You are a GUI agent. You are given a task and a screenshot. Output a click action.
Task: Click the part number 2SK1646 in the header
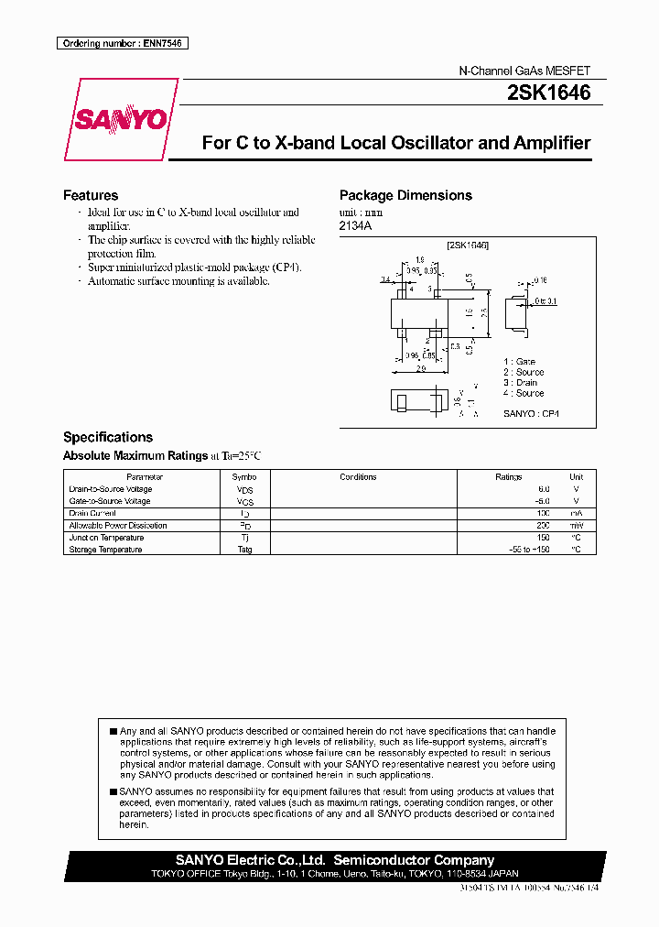coord(547,93)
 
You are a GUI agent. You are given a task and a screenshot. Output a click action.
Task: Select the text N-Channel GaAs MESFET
coord(524,71)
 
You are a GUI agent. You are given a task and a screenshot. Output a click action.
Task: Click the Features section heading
coord(91,195)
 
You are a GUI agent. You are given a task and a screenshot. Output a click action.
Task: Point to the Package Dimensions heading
coord(405,195)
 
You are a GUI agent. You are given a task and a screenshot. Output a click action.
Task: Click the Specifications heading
coord(108,437)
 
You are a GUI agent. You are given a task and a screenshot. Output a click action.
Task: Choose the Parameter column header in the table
coord(145,477)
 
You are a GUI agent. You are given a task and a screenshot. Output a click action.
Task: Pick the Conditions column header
coord(358,477)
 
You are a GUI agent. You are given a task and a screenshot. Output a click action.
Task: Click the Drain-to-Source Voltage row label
coord(111,489)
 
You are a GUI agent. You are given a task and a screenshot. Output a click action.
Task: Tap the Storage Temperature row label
coord(105,550)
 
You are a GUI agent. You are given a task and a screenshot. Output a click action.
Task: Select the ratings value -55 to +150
coord(529,550)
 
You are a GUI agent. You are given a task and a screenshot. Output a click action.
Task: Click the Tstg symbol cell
coord(244,550)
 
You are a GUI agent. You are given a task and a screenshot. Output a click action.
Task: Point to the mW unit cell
coord(576,526)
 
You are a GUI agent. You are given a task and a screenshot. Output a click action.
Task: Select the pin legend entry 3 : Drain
coord(520,383)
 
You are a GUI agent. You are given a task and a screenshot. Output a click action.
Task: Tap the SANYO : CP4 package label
coord(531,414)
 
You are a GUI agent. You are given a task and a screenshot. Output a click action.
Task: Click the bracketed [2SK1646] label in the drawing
coord(468,245)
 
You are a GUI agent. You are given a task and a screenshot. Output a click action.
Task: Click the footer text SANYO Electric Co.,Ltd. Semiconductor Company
coord(335,860)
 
